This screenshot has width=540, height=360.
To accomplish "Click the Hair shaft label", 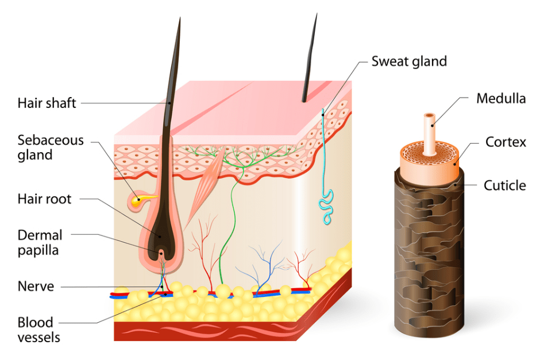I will (47, 104).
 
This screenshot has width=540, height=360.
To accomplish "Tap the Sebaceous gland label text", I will (51, 148).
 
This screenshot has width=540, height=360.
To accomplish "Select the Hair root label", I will (44, 199).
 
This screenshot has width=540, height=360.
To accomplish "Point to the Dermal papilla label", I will (40, 242).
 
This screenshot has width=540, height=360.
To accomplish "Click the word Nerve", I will (36, 286).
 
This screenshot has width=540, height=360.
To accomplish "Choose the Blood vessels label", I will (38, 330).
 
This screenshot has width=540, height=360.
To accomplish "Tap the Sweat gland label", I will (409, 61).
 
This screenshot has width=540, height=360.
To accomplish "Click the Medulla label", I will (501, 98).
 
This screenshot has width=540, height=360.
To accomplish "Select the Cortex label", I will (506, 141).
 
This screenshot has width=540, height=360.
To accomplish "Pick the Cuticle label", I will (504, 185).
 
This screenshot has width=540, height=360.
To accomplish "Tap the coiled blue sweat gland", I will (327, 207).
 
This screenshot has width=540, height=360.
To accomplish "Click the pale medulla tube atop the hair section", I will (429, 132).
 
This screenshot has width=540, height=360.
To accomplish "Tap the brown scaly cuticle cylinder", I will (429, 258).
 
